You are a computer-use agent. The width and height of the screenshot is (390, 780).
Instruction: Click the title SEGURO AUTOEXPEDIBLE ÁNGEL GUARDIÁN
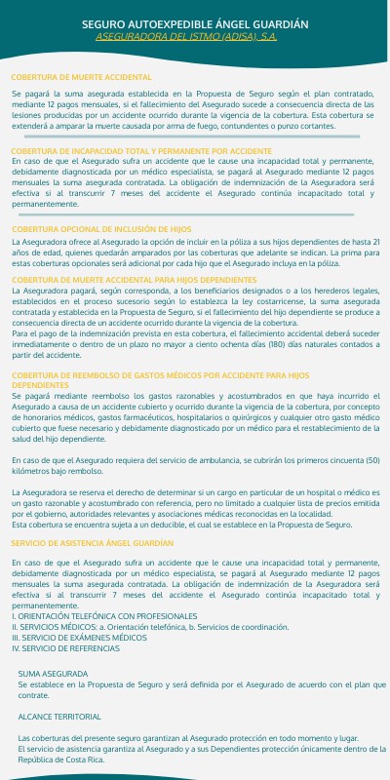click(x=195, y=22)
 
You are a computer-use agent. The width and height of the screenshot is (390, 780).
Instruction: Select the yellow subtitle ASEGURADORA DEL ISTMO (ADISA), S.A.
click(x=195, y=36)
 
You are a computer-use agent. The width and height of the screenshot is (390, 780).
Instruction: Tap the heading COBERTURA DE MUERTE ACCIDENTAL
click(x=81, y=76)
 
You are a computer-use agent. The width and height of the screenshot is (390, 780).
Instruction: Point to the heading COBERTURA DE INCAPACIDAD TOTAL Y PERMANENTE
click(x=141, y=152)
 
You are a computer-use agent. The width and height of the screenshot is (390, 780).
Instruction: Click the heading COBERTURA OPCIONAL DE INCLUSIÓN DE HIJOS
click(x=108, y=228)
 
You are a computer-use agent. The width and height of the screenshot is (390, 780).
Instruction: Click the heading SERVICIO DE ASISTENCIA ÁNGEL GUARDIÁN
click(x=93, y=541)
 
